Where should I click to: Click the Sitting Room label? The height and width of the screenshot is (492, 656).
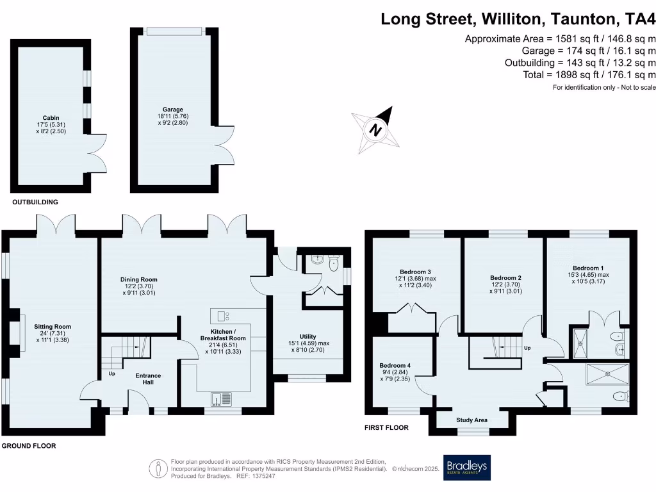tap(53, 333)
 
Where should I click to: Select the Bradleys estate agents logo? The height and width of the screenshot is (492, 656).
tap(467, 468)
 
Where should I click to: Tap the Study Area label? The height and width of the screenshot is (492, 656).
tap(472, 420)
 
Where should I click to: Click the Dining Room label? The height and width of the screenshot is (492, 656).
tap(139, 286)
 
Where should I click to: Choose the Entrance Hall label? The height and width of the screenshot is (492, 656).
tap(148, 379)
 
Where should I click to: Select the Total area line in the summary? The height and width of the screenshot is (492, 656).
tap(589, 74)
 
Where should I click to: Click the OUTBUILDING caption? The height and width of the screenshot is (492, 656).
tap(35, 202)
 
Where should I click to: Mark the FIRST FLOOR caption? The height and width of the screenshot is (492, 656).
tap(386, 427)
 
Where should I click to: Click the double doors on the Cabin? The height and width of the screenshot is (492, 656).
tap(94, 152)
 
